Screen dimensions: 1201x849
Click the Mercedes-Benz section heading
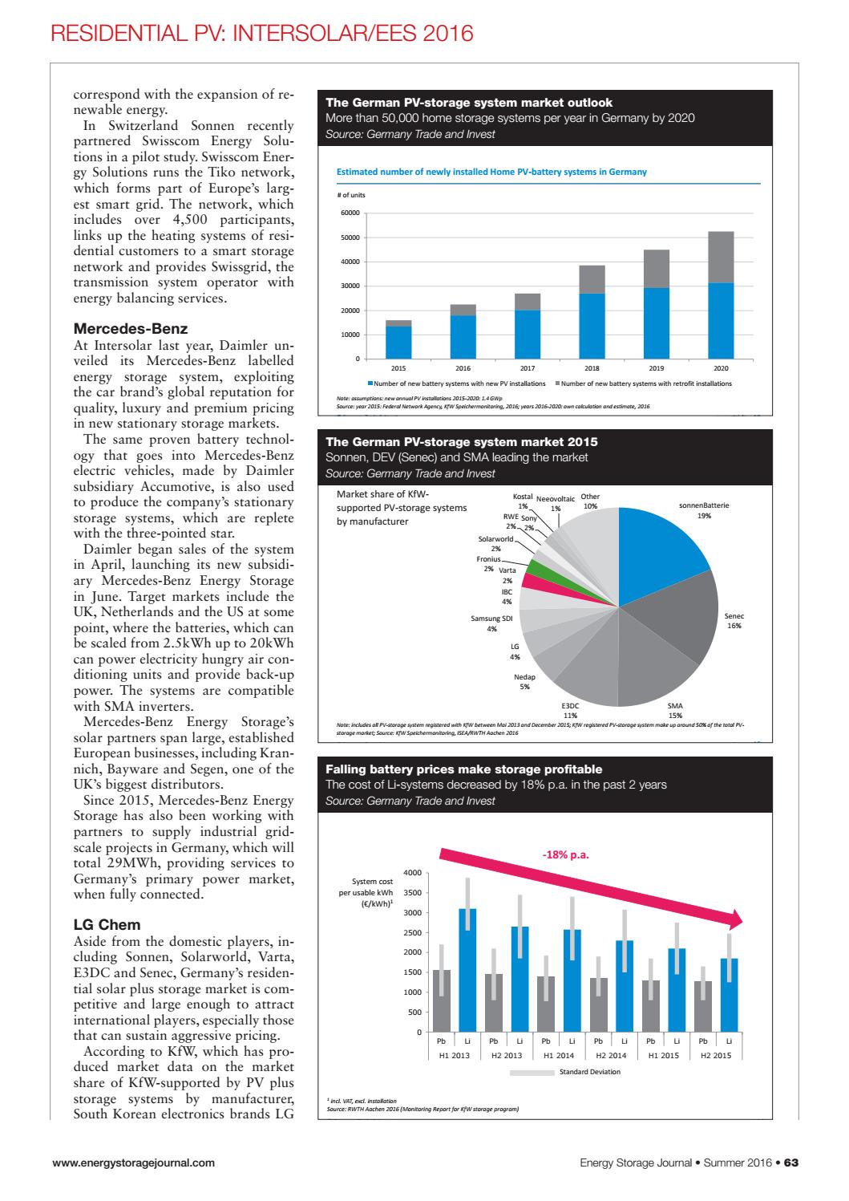pos(131,329)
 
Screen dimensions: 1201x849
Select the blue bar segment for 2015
pos(398,343)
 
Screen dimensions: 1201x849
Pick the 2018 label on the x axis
pos(592,368)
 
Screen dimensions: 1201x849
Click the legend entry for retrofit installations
pos(645,383)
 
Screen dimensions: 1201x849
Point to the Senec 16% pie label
pos(734,621)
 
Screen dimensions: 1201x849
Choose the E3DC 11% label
pos(570,710)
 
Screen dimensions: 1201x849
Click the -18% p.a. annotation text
pos(566,854)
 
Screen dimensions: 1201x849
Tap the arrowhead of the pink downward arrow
pos(736,920)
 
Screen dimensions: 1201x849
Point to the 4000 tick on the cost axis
pos(412,873)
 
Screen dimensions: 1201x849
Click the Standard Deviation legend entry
pos(589,1072)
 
